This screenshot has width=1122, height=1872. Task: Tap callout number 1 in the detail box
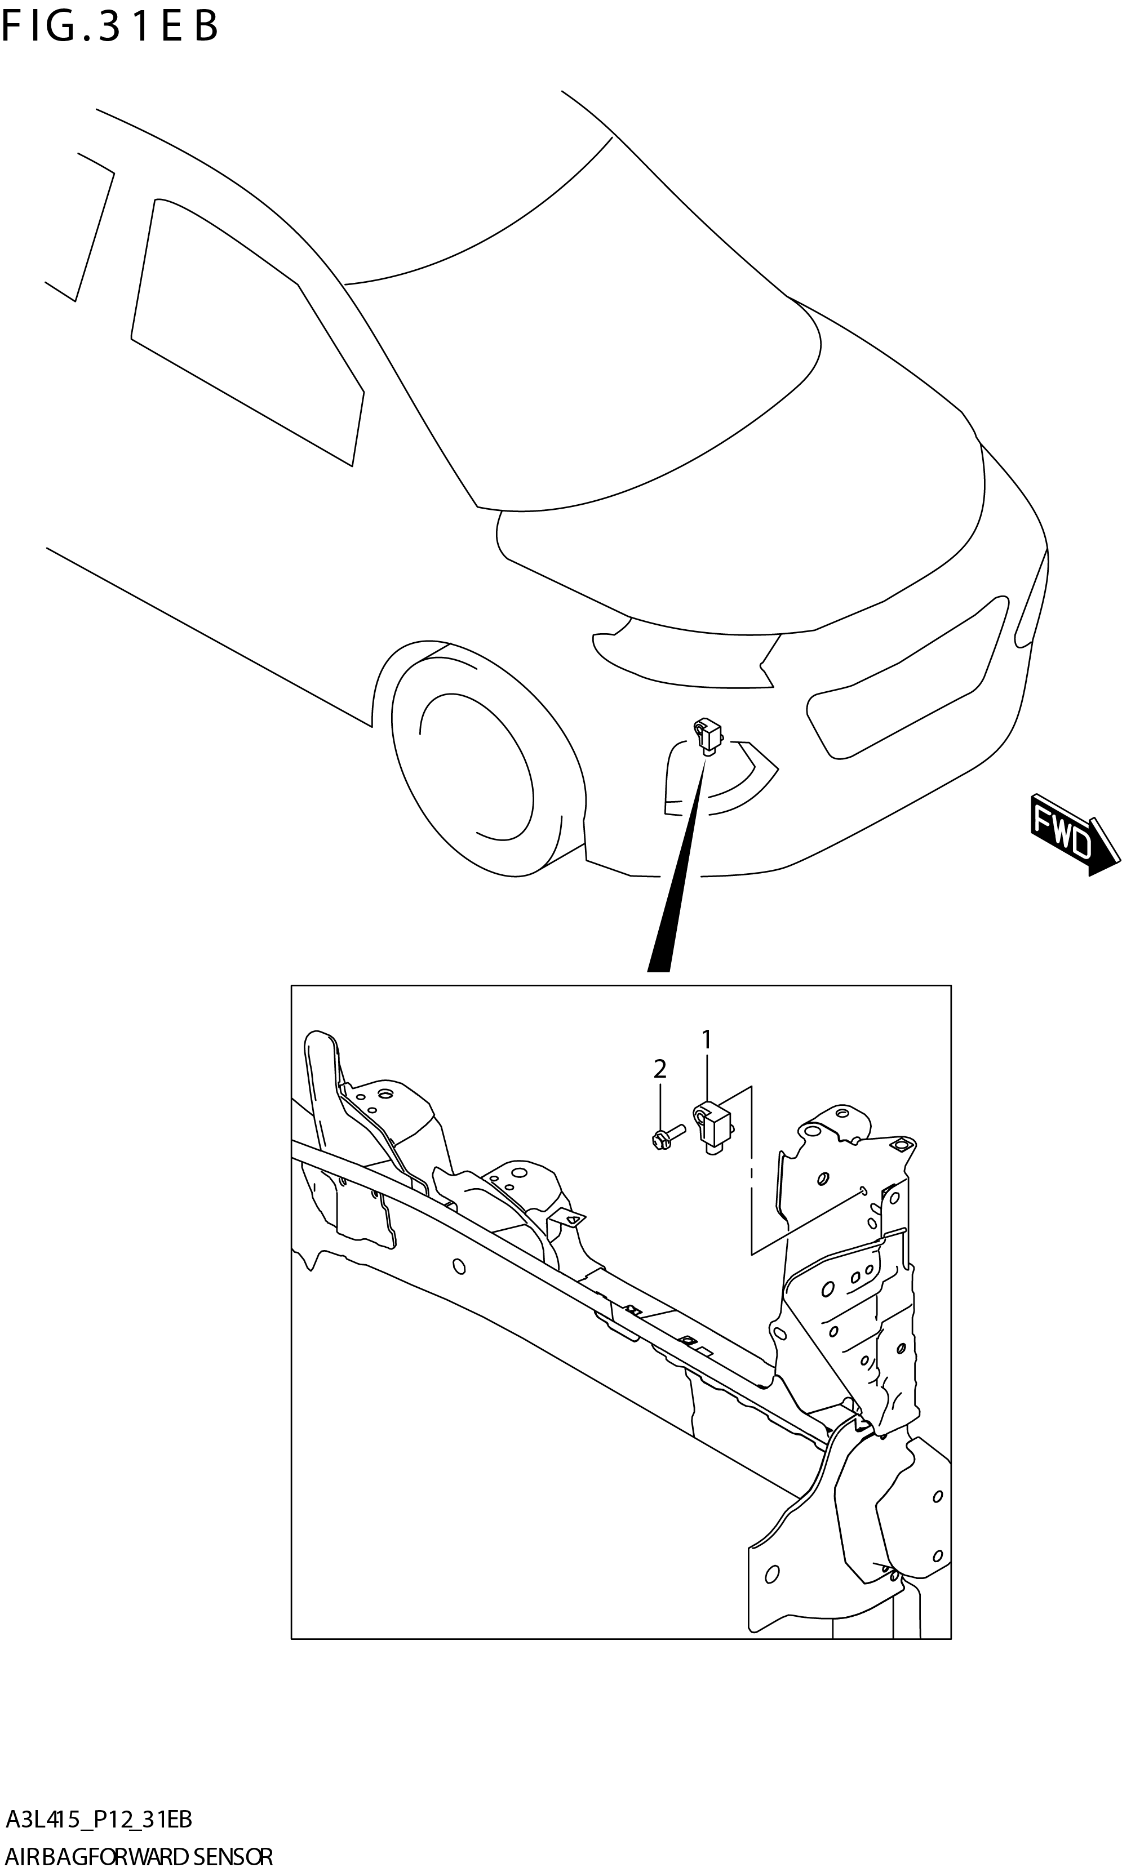click(x=707, y=1041)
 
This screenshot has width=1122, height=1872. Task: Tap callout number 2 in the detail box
click(x=659, y=1069)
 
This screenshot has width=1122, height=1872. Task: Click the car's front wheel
click(x=476, y=763)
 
